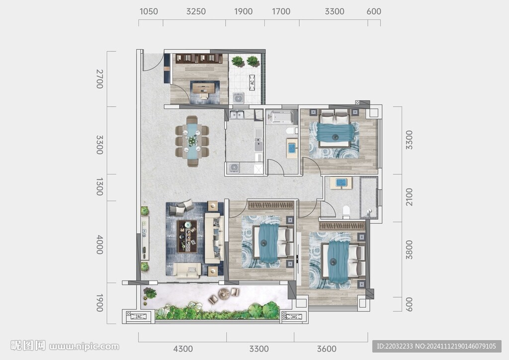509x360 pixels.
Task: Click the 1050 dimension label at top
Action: coord(149,11)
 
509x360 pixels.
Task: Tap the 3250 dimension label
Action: coord(196,11)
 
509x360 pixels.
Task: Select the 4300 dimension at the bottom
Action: coord(183,349)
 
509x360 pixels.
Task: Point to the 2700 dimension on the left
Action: coord(99,79)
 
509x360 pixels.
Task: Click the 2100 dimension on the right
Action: coord(409,197)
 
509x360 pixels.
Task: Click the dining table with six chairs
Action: coord(192,142)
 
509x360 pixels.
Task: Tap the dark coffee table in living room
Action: coord(187,236)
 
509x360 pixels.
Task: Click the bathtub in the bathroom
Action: coord(279,117)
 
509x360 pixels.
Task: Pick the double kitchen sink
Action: coord(237,114)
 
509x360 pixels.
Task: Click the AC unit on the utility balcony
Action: coord(252,83)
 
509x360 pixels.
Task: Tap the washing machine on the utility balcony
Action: coord(238,98)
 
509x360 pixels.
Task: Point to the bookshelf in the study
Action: coord(199,59)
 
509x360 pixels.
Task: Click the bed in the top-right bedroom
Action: coord(334,128)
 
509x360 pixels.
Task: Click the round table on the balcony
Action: coord(224,293)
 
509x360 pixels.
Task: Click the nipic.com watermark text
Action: coord(84,347)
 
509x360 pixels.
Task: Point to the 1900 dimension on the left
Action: coord(99,303)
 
